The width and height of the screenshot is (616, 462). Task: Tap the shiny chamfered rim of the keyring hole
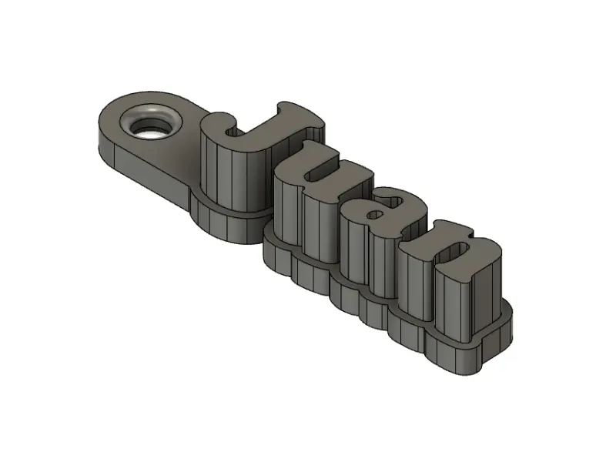tap(151, 109)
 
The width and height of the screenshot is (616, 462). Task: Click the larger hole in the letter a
tap(392, 202)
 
